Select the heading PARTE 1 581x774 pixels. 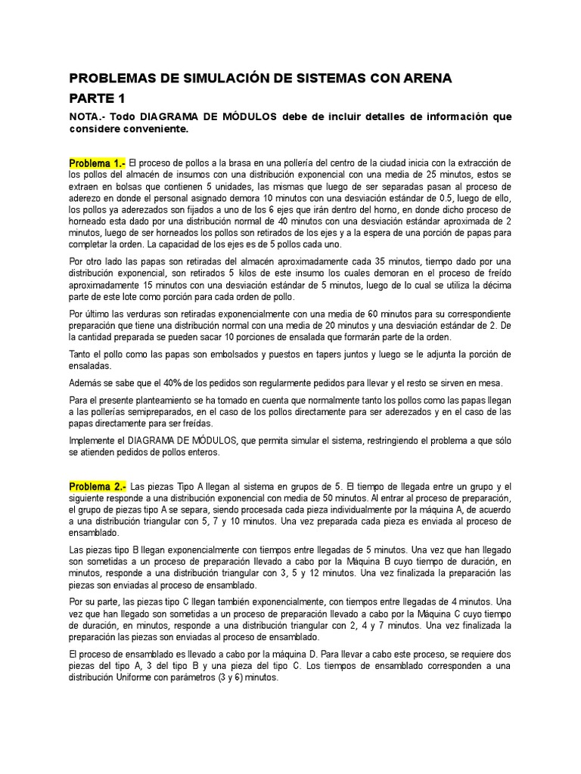[98, 98]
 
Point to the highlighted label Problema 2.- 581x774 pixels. [98, 485]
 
